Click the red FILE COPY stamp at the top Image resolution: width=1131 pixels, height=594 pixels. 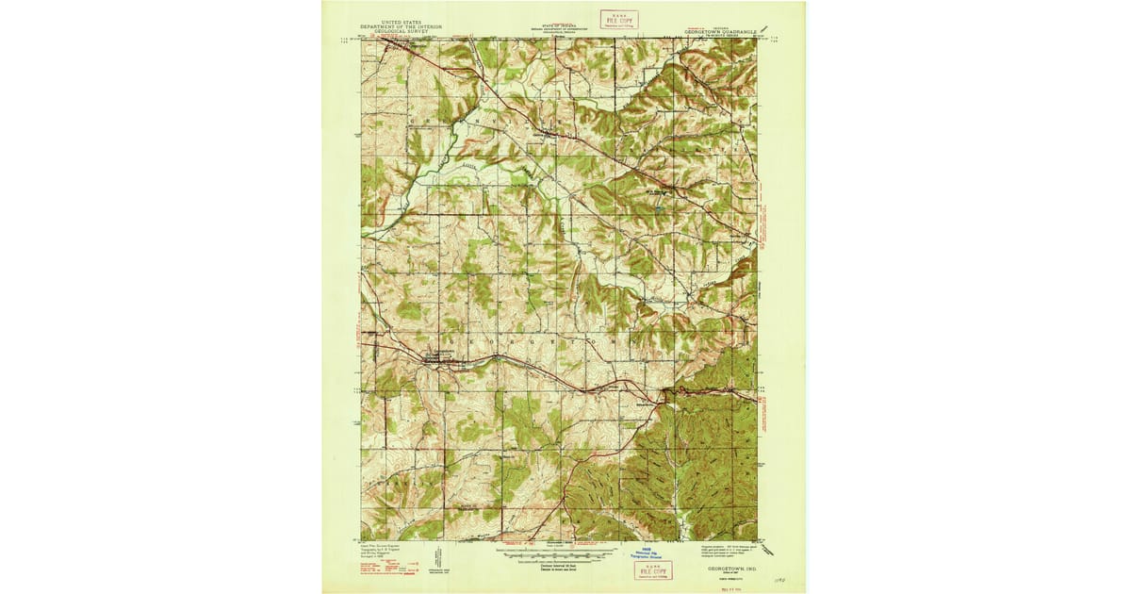pos(619,20)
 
